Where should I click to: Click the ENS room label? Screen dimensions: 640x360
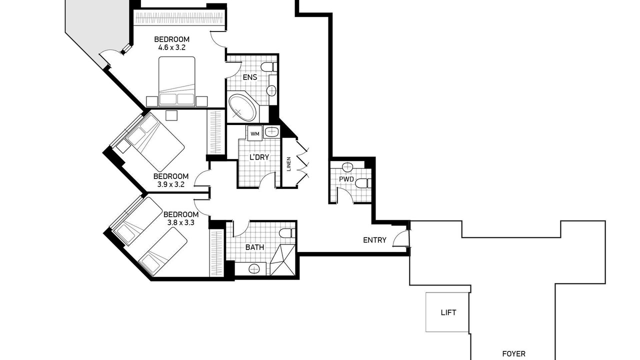[x=250, y=77]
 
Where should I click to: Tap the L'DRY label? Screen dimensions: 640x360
[x=259, y=157]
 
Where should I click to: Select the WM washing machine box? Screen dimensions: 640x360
[x=255, y=133]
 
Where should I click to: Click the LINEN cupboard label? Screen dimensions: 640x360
[x=288, y=164]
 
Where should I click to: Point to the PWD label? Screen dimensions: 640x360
[x=346, y=179]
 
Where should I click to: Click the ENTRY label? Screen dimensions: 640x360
[x=374, y=240]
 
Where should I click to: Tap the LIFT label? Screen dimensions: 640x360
[x=448, y=312]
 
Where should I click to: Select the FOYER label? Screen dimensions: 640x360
[x=513, y=354]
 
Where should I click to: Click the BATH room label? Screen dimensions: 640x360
[x=254, y=247]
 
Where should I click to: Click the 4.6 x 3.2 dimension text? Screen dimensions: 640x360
[x=171, y=47]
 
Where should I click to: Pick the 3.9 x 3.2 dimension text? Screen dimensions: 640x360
[x=171, y=184]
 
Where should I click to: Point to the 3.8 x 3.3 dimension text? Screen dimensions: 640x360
[x=181, y=222]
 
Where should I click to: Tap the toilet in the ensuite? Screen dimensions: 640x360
[x=269, y=67]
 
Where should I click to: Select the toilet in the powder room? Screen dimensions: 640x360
[x=363, y=183]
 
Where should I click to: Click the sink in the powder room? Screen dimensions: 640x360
[x=347, y=166]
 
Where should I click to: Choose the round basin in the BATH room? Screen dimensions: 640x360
[x=253, y=269]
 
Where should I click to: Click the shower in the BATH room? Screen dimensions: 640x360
[x=282, y=260]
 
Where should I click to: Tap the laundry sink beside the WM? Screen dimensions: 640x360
[x=271, y=132]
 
